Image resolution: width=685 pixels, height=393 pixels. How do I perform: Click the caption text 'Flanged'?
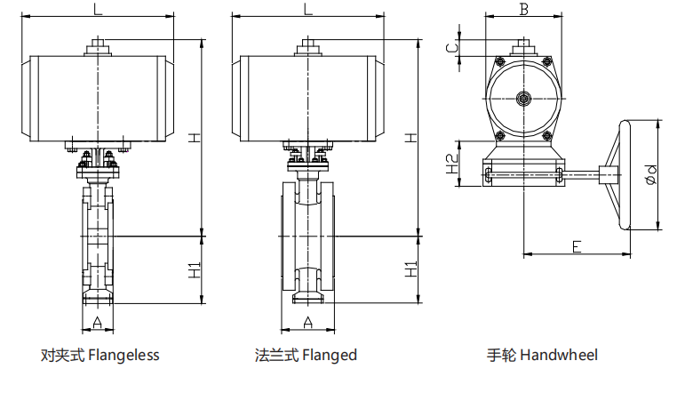pos(330,356)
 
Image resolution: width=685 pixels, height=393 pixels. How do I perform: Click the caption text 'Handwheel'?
pos(559,356)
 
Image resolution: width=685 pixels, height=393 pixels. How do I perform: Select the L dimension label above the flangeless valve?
pos(97,10)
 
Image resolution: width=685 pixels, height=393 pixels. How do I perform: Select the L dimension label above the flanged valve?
pos(307,10)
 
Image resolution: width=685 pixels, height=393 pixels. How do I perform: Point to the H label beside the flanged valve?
pos(410,138)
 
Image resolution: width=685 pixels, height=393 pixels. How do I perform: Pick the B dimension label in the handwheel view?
pos(524,10)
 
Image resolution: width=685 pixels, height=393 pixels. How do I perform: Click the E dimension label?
pos(577,246)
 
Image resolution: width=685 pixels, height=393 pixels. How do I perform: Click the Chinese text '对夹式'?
pos(62,356)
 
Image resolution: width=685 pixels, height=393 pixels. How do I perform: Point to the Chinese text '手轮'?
pos(501,356)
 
